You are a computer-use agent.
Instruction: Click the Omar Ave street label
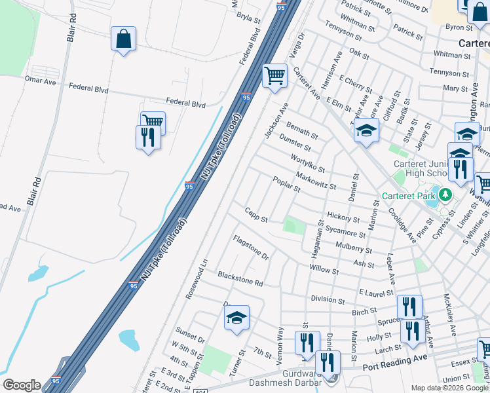tap(41, 79)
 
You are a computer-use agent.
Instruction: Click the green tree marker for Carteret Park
tap(445, 195)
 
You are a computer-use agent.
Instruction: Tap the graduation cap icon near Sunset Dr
tap(237, 318)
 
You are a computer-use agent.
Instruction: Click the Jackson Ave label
tap(276, 121)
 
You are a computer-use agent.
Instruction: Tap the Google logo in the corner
tap(22, 385)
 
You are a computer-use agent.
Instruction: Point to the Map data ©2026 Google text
tap(449, 388)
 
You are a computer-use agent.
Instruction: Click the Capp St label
tap(256, 214)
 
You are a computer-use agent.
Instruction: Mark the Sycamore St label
tap(345, 233)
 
